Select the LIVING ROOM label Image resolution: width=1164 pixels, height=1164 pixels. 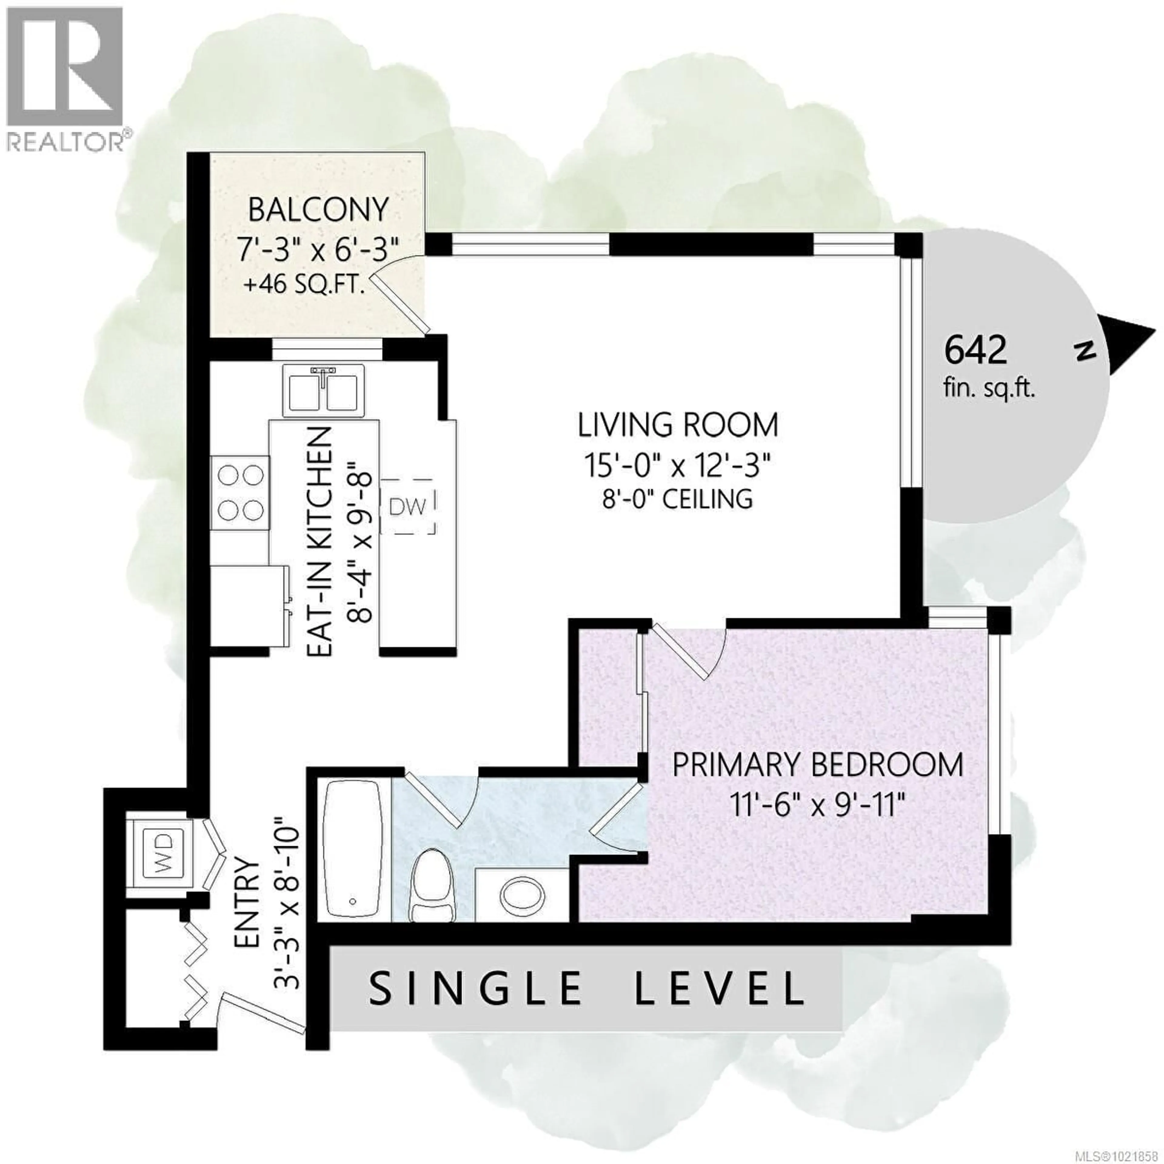(678, 425)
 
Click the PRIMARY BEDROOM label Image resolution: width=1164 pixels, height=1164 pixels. (818, 766)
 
